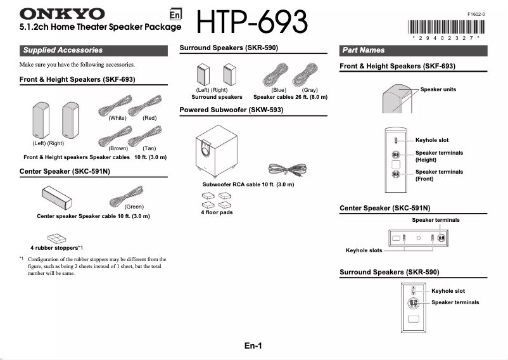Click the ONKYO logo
click(63, 13)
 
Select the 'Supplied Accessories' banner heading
click(63, 50)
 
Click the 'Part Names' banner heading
click(364, 50)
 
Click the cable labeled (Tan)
click(148, 134)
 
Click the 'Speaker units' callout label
click(438, 89)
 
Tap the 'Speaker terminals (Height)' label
click(439, 156)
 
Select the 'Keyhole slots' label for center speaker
click(364, 250)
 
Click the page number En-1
click(253, 345)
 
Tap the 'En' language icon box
click(175, 15)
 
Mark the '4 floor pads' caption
click(217, 212)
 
